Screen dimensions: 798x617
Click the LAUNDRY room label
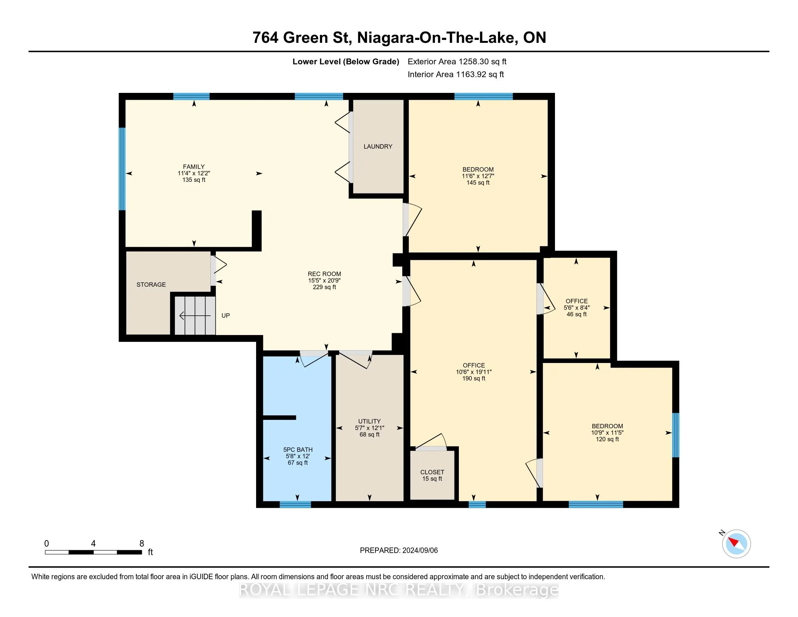pos(378,147)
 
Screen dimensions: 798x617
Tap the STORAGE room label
pos(151,285)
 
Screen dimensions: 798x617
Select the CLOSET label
pos(432,472)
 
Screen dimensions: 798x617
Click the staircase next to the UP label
pos(195,315)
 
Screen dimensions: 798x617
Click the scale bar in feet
pos(94,552)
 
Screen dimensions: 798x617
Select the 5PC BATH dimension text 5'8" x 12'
pos(298,456)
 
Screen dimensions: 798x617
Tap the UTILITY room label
pos(369,421)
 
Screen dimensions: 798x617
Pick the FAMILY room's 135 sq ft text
pos(194,180)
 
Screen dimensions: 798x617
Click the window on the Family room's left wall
pos(122,169)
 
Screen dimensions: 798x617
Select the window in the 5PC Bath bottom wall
pos(295,505)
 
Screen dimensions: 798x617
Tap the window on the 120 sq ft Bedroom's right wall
pos(676,435)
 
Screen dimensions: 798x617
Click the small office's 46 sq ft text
pos(577,314)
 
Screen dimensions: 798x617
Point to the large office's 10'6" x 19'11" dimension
pos(474,372)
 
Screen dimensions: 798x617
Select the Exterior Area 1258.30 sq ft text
pos(457,62)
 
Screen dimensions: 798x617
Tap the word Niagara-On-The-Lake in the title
pos(436,38)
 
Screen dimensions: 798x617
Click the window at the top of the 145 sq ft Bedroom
pos(484,97)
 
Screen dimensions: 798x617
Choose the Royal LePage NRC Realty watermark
pos(399,590)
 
